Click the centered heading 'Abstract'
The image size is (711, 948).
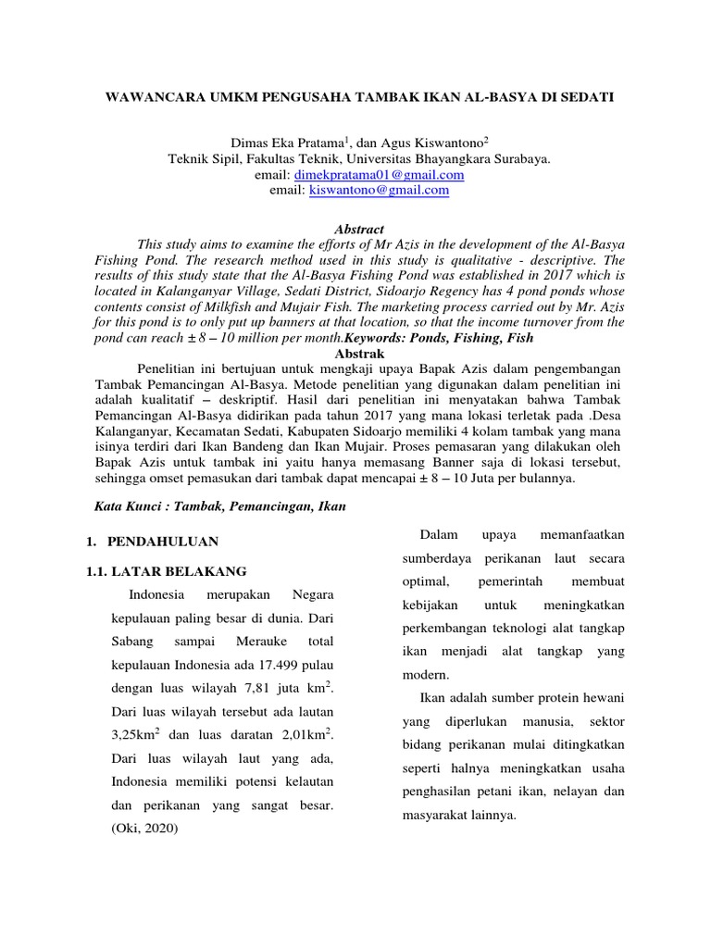pyautogui.click(x=357, y=229)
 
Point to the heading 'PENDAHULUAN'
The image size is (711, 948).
pyautogui.click(x=163, y=541)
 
